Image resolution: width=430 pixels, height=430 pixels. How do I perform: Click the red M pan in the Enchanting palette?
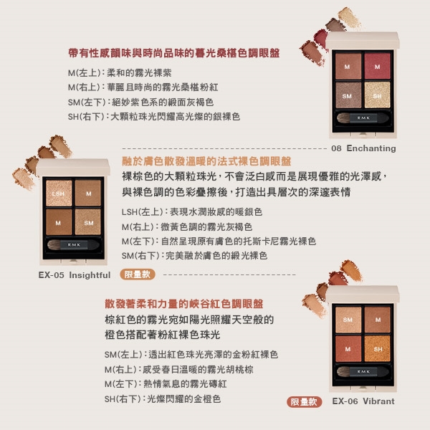[378, 66]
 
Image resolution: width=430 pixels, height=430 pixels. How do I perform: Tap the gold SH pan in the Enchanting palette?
[378, 95]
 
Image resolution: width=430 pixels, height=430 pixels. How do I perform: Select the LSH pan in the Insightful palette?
[59, 193]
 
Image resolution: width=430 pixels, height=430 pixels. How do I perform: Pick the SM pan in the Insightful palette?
[88, 222]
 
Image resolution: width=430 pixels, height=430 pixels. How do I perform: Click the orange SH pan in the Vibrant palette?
[378, 349]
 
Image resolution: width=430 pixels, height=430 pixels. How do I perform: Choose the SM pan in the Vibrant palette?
[348, 320]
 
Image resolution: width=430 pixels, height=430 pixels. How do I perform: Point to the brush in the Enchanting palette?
[363, 118]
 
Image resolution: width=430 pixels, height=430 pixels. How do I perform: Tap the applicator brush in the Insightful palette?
[73, 244]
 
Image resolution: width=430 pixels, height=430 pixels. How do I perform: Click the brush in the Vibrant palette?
[363, 371]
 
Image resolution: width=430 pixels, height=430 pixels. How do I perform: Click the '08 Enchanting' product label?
[363, 148]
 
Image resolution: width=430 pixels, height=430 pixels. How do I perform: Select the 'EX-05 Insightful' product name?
[75, 275]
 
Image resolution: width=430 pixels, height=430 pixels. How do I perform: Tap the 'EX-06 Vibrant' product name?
[363, 401]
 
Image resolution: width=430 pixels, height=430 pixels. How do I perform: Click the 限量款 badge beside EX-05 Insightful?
[138, 274]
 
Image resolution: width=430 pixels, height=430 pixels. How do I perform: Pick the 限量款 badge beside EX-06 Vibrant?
[305, 402]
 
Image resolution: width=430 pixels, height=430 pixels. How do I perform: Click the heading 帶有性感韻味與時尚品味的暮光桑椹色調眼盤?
[174, 53]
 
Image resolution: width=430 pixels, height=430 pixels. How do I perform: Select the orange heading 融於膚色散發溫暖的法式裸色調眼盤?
[206, 161]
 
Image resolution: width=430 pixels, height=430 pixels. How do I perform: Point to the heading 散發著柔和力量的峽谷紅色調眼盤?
[184, 304]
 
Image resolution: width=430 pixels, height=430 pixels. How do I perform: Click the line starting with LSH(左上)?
[192, 212]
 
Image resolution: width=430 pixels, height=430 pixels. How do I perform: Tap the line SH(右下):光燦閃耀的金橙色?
[163, 399]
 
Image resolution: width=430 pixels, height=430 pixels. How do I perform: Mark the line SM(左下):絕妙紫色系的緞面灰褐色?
[140, 102]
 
